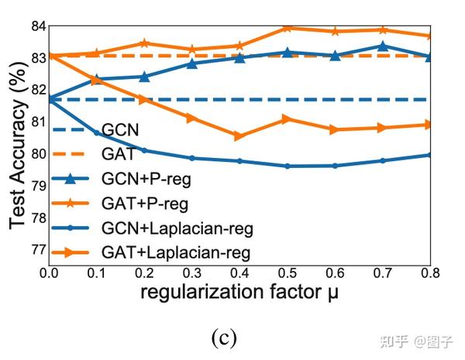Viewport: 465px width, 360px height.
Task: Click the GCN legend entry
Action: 122,129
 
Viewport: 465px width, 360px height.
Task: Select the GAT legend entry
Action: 118,154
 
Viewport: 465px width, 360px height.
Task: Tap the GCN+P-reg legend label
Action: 146,179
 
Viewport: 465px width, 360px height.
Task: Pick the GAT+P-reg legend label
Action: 145,204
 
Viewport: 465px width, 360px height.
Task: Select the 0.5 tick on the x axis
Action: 288,274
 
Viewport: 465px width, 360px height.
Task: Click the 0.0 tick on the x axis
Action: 48,274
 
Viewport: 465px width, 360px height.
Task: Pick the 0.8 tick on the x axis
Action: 431,274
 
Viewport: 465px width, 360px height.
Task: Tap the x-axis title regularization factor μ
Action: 239,294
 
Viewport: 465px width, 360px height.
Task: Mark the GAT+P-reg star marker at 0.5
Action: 288,28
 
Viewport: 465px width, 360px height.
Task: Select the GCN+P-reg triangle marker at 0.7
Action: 383,46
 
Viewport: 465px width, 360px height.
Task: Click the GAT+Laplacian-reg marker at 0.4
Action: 239,136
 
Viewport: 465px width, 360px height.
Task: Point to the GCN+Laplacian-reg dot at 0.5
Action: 288,166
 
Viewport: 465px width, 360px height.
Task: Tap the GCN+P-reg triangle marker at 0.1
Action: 96,79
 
